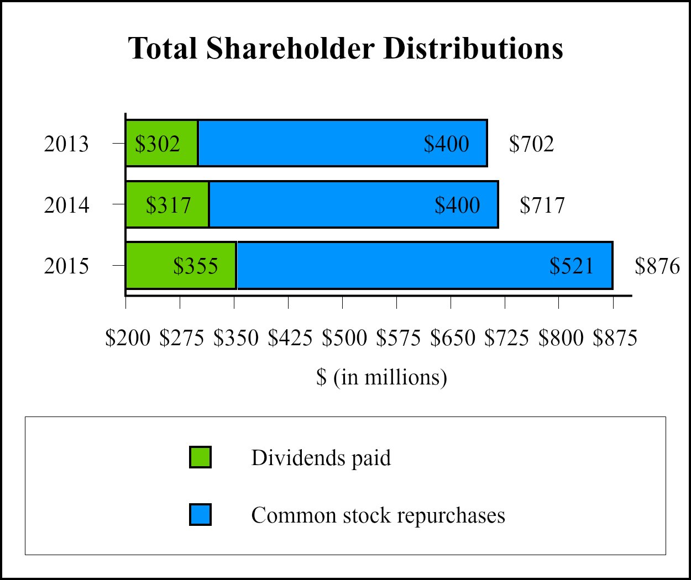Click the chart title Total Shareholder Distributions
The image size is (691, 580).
click(345, 49)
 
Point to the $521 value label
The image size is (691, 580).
click(571, 266)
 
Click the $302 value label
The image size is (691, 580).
click(158, 144)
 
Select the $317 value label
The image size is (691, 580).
click(168, 205)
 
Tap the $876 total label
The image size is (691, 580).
click(657, 266)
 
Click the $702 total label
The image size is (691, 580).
click(531, 144)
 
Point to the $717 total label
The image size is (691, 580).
click(542, 205)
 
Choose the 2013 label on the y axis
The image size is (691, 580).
click(66, 144)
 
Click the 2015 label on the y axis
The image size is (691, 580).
click(66, 266)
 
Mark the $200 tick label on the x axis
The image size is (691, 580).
click(128, 338)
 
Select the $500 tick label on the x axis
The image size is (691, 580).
click(344, 338)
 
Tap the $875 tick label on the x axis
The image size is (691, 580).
click(615, 338)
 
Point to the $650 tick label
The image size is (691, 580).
click(453, 338)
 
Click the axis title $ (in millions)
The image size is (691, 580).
click(381, 377)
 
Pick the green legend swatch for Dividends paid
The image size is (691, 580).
click(200, 457)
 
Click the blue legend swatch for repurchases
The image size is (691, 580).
click(200, 515)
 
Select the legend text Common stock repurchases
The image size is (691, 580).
click(378, 515)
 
